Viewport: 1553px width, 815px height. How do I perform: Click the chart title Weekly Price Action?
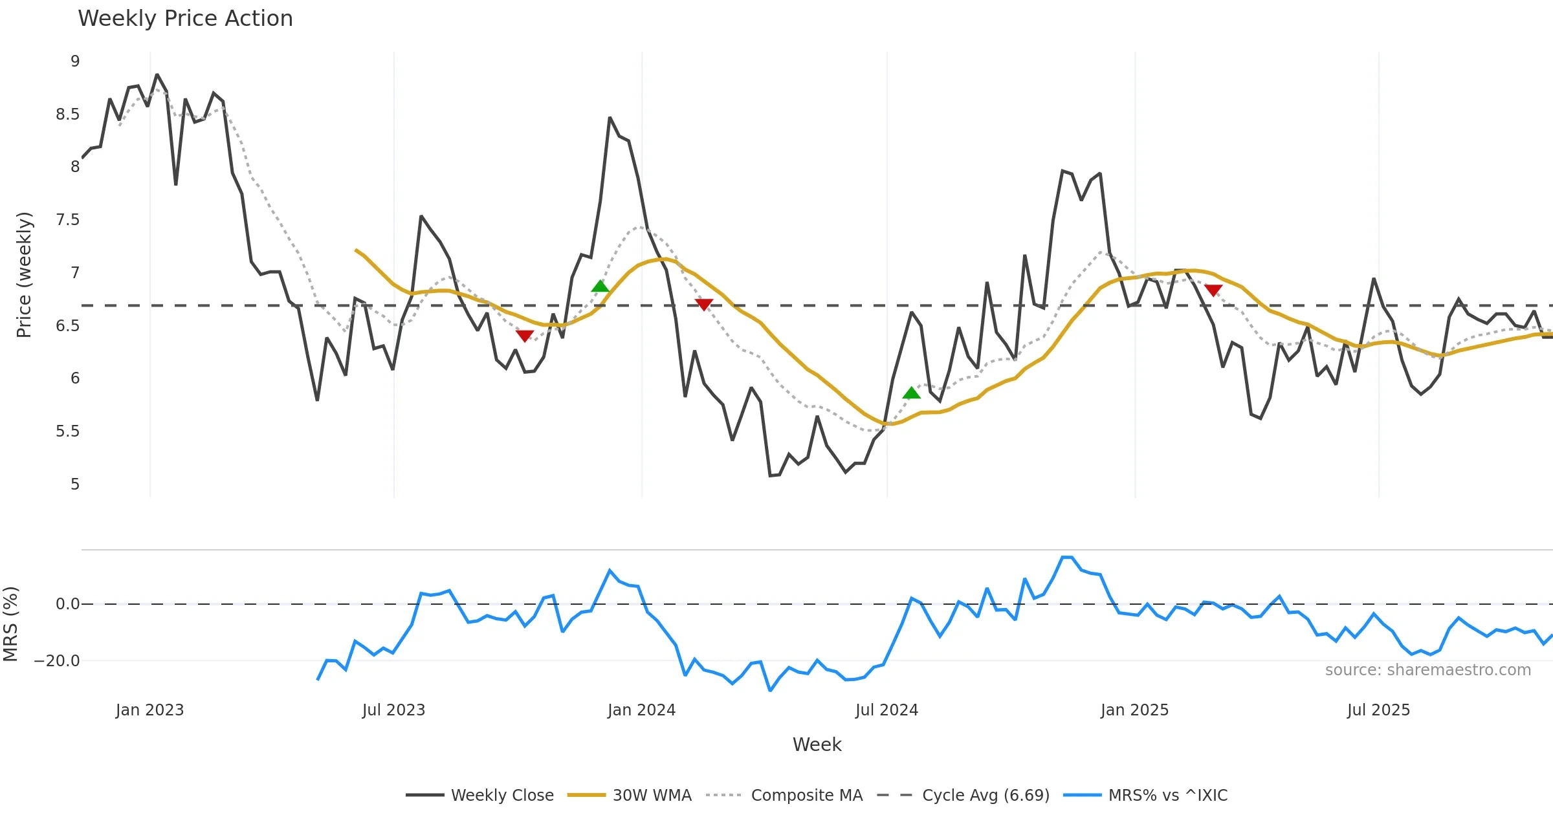click(x=185, y=19)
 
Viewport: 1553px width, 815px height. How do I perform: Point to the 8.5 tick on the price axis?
click(x=67, y=114)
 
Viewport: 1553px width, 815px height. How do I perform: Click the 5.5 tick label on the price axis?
click(x=67, y=431)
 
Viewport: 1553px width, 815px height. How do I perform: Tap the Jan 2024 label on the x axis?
click(x=641, y=710)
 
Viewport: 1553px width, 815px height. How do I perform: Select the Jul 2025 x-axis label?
click(x=1378, y=710)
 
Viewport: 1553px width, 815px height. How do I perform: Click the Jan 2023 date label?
click(x=149, y=710)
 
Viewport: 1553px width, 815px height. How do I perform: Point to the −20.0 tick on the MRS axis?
click(x=57, y=661)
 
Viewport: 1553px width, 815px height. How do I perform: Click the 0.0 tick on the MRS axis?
click(x=67, y=604)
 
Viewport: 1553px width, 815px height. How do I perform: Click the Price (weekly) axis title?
click(x=24, y=275)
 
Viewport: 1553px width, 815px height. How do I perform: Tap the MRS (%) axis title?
click(x=10, y=624)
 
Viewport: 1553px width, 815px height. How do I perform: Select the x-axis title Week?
click(x=817, y=745)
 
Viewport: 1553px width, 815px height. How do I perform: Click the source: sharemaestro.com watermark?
click(x=1427, y=670)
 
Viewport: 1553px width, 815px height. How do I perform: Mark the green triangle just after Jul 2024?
click(x=911, y=393)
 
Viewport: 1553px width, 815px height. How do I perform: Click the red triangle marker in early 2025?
click(x=1213, y=290)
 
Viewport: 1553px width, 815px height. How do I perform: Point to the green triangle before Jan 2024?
click(x=600, y=286)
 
